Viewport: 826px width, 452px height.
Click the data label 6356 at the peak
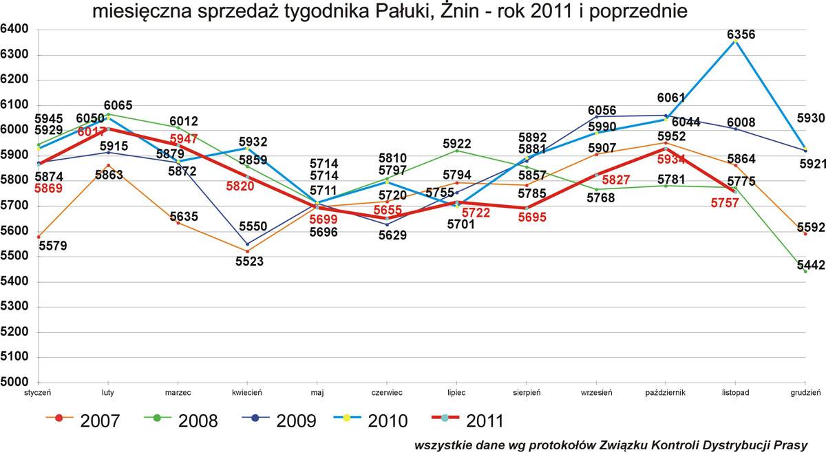pyautogui.click(x=741, y=34)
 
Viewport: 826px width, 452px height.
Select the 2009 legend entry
pyautogui.click(x=279, y=421)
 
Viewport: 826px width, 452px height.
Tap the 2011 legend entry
pyautogui.click(x=467, y=421)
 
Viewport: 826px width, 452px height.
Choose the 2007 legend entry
pyautogui.click(x=83, y=421)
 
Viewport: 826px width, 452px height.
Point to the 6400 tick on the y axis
pyautogui.click(x=14, y=29)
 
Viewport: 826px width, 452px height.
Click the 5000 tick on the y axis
pyautogui.click(x=14, y=382)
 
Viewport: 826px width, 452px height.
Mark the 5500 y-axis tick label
pyautogui.click(x=14, y=256)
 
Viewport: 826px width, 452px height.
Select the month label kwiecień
pyautogui.click(x=247, y=393)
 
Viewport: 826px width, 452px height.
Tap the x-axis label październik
pyautogui.click(x=665, y=393)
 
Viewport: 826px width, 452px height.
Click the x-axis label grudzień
pyautogui.click(x=805, y=393)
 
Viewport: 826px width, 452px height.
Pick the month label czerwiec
pyautogui.click(x=387, y=393)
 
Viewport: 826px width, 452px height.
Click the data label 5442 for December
pyautogui.click(x=811, y=265)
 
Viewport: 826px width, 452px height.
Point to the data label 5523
pyautogui.click(x=250, y=261)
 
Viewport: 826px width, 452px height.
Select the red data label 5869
pyautogui.click(x=48, y=189)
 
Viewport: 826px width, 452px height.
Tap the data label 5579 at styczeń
pyautogui.click(x=53, y=246)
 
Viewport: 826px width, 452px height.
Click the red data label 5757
pyautogui.click(x=725, y=203)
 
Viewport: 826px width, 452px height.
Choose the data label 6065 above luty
pyautogui.click(x=118, y=105)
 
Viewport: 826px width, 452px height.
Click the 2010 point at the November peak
pyautogui.click(x=735, y=41)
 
